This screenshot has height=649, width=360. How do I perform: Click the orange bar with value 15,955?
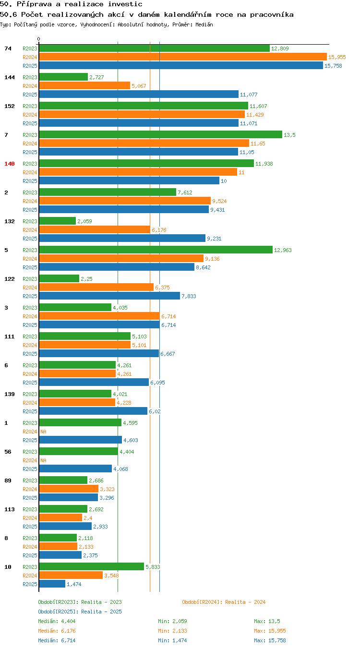pos(183,57)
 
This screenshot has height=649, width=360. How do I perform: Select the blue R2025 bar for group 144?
pos(139,94)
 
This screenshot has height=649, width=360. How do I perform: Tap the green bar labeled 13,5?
pos(160,134)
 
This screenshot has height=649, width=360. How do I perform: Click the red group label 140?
pos(9,164)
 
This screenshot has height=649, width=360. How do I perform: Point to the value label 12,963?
pos(283,250)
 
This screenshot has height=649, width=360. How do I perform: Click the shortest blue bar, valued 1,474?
pos(52,584)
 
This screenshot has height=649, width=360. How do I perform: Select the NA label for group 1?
pos(44,432)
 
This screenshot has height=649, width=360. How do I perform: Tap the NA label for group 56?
pos(44,460)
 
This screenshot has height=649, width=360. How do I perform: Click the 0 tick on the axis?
pos(38,39)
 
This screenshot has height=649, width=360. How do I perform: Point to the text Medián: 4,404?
pos(57,621)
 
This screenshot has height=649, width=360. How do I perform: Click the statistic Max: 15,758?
pos(270,640)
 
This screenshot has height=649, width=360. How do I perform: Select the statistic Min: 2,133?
pos(172,631)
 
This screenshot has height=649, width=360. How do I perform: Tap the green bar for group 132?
pos(57,221)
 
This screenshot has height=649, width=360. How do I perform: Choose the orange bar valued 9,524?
pos(125,201)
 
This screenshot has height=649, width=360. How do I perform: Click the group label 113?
pos(9,509)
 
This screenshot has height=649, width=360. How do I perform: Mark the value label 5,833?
pos(153,567)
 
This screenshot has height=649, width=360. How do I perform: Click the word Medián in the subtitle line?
pos(204,24)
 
